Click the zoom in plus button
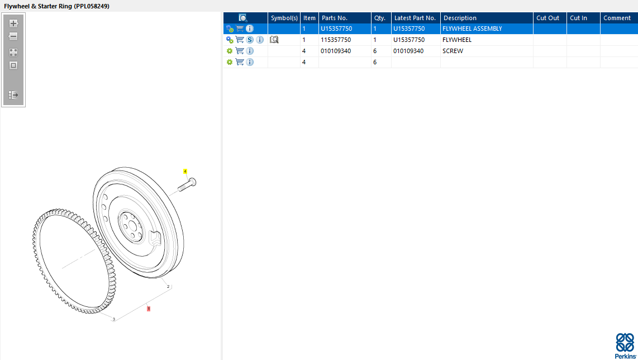(x=13, y=23)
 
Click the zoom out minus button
(x=13, y=37)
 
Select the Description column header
(x=460, y=18)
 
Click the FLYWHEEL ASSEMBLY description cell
(x=472, y=29)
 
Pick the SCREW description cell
(x=453, y=51)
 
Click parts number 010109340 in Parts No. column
(x=336, y=51)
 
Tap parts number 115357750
(x=336, y=40)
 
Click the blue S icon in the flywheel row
(x=250, y=40)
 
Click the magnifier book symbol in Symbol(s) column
(x=274, y=40)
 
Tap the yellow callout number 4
(x=185, y=172)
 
